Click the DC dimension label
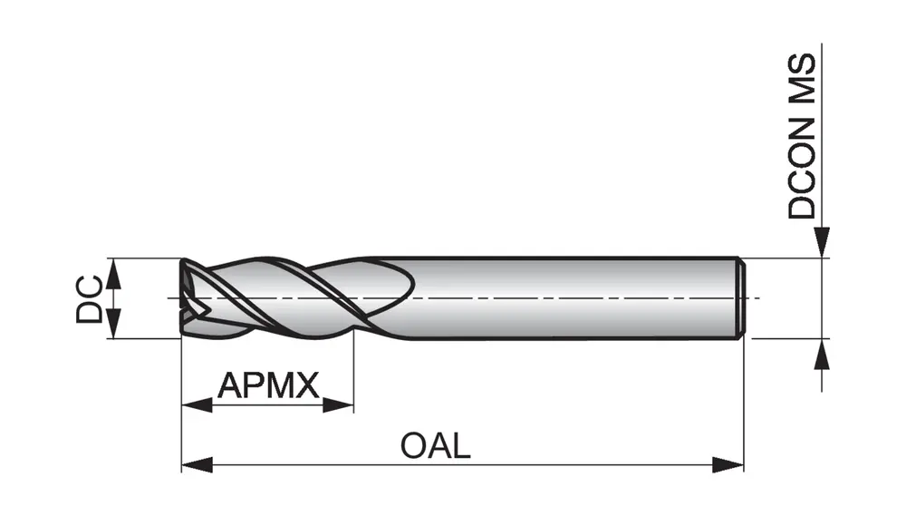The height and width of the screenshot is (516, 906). click(89, 299)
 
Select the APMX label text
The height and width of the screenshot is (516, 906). click(269, 386)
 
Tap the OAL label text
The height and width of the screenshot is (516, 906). click(436, 445)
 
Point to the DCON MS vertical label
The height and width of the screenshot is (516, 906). click(802, 136)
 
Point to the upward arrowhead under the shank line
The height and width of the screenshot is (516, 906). click(822, 355)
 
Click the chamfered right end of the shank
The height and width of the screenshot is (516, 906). click(740, 298)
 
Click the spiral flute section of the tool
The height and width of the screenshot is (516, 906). click(290, 297)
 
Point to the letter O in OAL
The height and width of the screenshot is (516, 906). click(413, 445)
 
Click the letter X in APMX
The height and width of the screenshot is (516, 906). click(308, 386)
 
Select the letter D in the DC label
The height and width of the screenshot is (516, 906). click(89, 312)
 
